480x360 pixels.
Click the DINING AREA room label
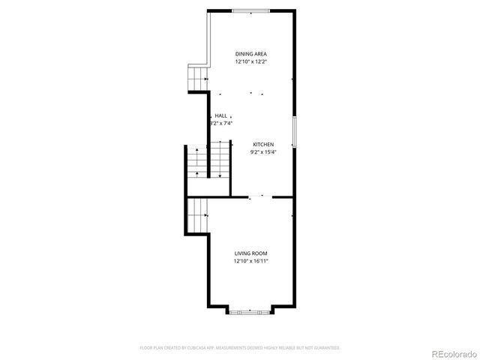pyautogui.click(x=250, y=54)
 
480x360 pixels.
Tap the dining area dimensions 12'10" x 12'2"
pyautogui.click(x=250, y=61)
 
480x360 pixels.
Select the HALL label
pyautogui.click(x=220, y=115)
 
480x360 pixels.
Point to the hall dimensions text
pyautogui.click(x=221, y=123)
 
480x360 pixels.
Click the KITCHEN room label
pyautogui.click(x=262, y=144)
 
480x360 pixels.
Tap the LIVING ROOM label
pyautogui.click(x=250, y=253)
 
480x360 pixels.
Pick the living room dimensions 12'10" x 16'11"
pyautogui.click(x=250, y=261)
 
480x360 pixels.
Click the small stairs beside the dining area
pyautogui.click(x=197, y=76)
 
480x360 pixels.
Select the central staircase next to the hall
pyautogui.click(x=217, y=160)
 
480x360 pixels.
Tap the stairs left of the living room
pyautogui.click(x=197, y=215)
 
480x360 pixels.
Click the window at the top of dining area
pyautogui.click(x=247, y=10)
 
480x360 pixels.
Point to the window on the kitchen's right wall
pyautogui.click(x=294, y=132)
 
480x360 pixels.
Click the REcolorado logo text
pyautogui.click(x=451, y=352)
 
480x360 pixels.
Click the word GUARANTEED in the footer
pyautogui.click(x=328, y=348)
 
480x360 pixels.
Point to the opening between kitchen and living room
pyautogui.click(x=260, y=196)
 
